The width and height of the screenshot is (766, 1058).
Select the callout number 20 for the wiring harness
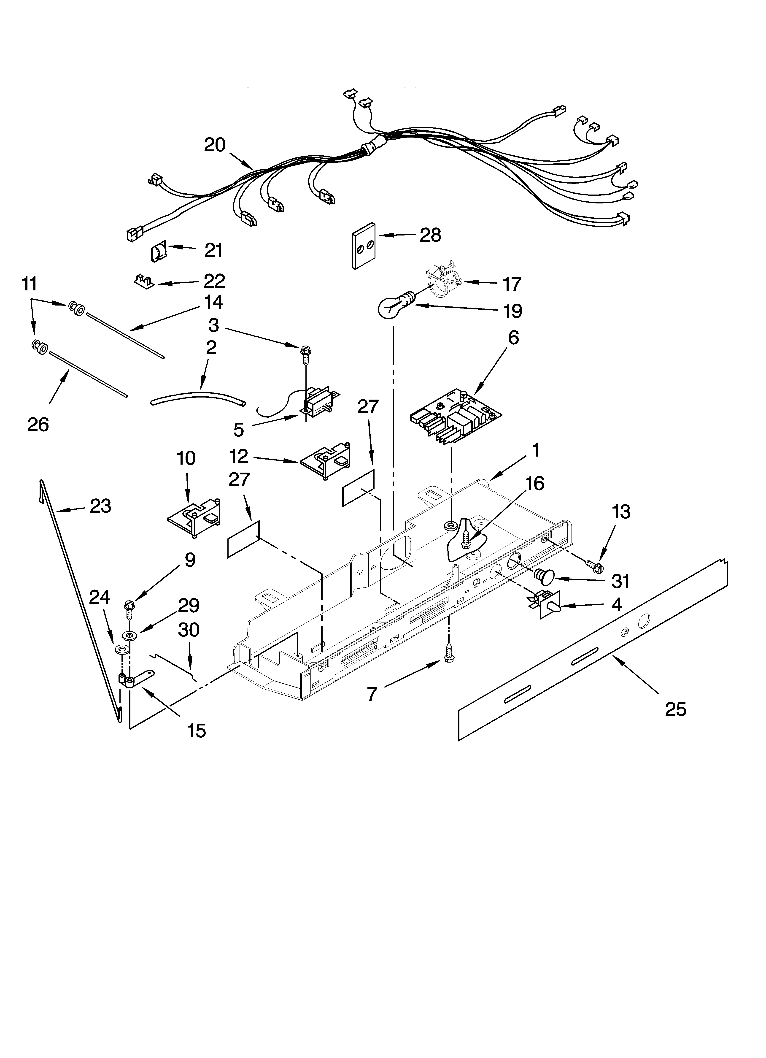coord(215,145)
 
